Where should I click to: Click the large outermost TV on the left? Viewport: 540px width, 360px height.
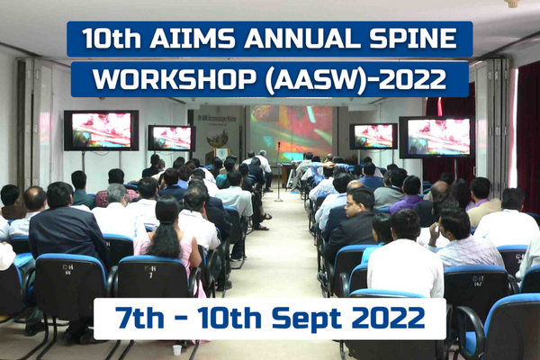click(101, 130)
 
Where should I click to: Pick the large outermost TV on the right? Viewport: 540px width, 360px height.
click(436, 137)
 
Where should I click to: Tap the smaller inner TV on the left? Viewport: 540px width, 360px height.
click(172, 138)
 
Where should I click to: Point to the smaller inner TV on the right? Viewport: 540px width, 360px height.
click(373, 137)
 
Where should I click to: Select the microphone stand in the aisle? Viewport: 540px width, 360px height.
click(279, 171)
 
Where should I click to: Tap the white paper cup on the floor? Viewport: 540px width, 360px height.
click(177, 350)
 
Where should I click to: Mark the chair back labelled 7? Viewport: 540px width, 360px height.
click(153, 276)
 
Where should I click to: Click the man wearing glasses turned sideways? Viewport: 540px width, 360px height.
click(354, 220)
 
